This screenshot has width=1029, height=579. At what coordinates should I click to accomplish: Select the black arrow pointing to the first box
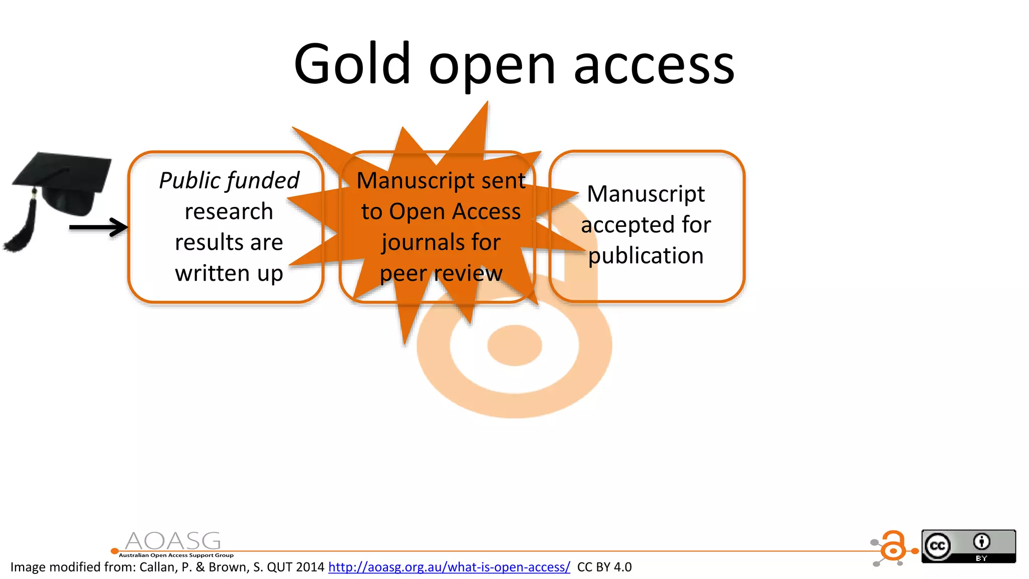(98, 227)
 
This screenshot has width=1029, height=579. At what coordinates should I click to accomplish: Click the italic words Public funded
(229, 181)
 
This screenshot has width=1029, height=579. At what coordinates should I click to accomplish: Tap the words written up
(229, 274)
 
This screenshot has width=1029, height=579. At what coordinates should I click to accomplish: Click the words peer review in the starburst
(441, 274)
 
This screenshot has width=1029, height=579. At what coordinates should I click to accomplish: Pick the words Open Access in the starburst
(455, 212)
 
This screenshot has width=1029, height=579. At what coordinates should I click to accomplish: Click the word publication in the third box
(646, 256)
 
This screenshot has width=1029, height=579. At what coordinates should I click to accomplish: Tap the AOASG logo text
(172, 541)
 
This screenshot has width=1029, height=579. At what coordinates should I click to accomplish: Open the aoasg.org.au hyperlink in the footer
(449, 567)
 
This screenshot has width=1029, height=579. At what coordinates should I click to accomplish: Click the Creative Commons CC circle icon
(938, 546)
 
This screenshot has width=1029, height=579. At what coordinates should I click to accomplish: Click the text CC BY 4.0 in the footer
(604, 567)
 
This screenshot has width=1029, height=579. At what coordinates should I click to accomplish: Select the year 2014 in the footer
(310, 567)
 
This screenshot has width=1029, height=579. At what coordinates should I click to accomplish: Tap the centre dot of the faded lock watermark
(514, 345)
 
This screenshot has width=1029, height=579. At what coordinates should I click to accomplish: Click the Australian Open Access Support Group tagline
(176, 555)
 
